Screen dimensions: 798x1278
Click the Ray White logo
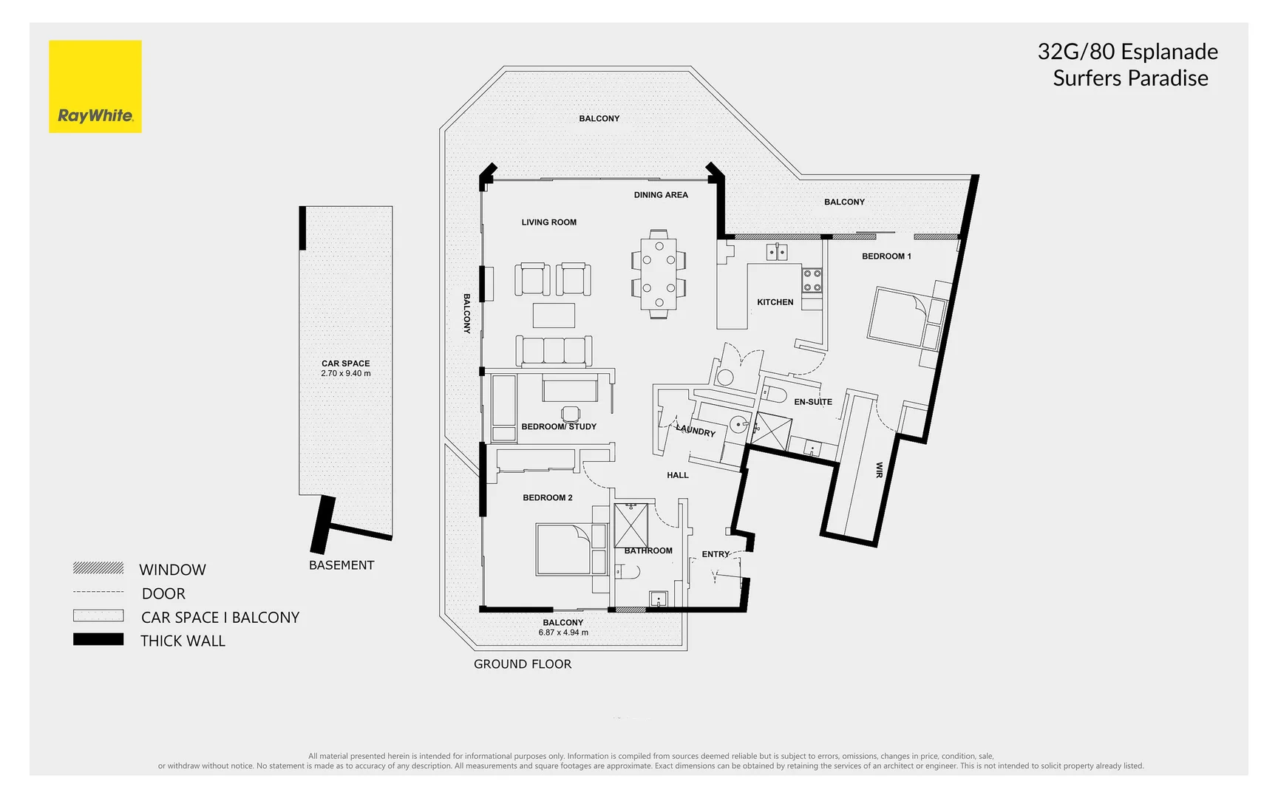(95, 86)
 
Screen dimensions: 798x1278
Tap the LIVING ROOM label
(548, 222)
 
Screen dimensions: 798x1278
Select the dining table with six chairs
(658, 273)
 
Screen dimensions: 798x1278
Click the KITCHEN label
(775, 302)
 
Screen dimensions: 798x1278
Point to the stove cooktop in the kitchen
(812, 280)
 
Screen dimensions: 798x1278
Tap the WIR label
(879, 470)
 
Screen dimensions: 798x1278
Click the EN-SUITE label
(813, 402)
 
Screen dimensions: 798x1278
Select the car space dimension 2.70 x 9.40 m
(346, 374)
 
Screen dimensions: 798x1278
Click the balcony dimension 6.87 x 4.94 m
(563, 632)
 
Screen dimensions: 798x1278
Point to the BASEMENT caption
(341, 565)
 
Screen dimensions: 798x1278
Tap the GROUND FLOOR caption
(523, 664)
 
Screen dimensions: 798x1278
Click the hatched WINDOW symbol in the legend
(98, 567)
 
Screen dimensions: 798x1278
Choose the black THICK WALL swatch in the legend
(98, 640)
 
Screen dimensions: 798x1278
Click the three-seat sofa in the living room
(554, 350)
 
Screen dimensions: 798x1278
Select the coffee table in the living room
(554, 316)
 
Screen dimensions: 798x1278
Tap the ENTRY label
(716, 554)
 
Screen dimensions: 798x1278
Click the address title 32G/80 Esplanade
(1127, 52)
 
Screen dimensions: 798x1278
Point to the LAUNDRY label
(696, 430)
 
